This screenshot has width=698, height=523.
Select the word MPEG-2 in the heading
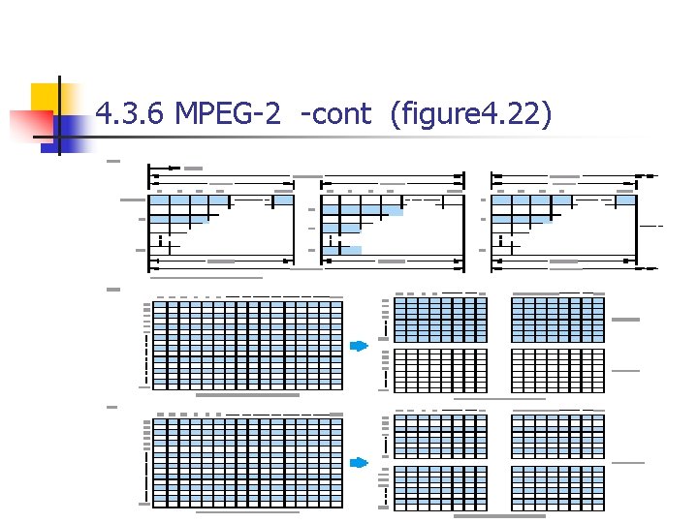coord(228,115)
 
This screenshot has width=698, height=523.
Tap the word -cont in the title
coord(335,115)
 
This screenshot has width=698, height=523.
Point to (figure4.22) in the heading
coord(470,115)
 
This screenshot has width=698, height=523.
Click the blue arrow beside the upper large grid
coord(360,346)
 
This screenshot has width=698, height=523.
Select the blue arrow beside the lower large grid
coord(360,462)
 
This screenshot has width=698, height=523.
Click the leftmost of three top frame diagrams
coord(220,221)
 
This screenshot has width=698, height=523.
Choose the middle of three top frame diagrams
coord(392,221)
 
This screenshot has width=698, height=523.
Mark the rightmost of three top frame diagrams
coord(563,221)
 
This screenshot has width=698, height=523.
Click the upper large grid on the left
coord(248,343)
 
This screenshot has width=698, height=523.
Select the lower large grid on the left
coord(248,459)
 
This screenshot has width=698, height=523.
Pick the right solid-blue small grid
coord(557,319)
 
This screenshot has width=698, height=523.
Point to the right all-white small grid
coord(557,370)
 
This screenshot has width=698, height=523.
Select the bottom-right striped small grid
coord(557,486)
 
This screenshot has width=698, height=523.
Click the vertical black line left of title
coord(58,116)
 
